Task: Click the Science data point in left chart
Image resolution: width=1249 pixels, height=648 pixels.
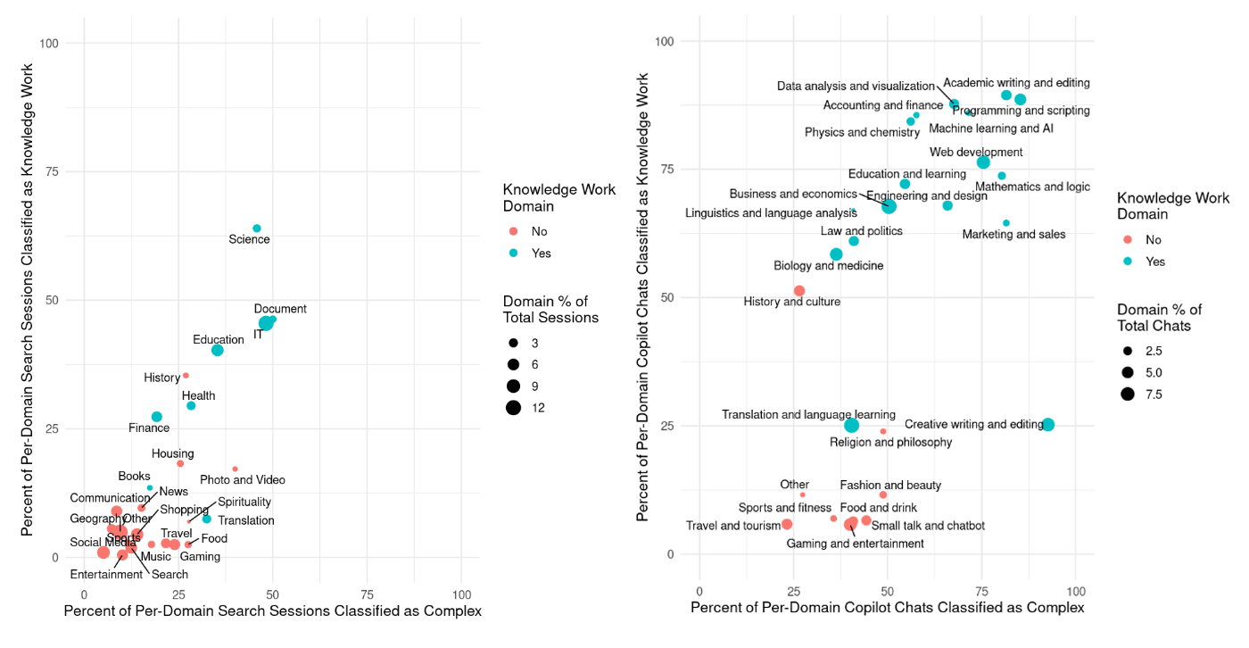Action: (257, 228)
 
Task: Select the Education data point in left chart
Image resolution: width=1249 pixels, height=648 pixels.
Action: (218, 350)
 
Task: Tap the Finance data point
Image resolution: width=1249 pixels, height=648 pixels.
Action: (157, 417)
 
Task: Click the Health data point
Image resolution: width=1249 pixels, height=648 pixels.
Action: (191, 405)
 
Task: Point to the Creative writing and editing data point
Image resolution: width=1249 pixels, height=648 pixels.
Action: (1048, 425)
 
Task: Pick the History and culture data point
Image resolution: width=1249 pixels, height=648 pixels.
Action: (799, 291)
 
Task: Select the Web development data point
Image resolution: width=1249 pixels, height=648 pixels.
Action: (983, 162)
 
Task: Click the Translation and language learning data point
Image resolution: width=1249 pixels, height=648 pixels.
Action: (852, 425)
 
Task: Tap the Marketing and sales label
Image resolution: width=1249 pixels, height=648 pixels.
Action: (1013, 235)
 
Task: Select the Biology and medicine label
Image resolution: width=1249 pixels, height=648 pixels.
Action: (829, 266)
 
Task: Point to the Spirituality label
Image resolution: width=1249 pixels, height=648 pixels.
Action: (244, 503)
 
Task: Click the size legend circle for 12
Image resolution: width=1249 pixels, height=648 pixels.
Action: (514, 408)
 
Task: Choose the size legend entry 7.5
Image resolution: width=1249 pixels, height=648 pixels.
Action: (1128, 394)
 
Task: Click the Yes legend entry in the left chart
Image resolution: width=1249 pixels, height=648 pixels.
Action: (514, 253)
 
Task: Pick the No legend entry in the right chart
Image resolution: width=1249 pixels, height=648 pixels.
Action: (1128, 239)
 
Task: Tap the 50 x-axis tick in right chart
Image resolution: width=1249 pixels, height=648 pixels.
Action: (888, 590)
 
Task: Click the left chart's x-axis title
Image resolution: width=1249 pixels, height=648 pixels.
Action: (273, 611)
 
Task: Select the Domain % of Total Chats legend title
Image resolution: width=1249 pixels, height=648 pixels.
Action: (1159, 318)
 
